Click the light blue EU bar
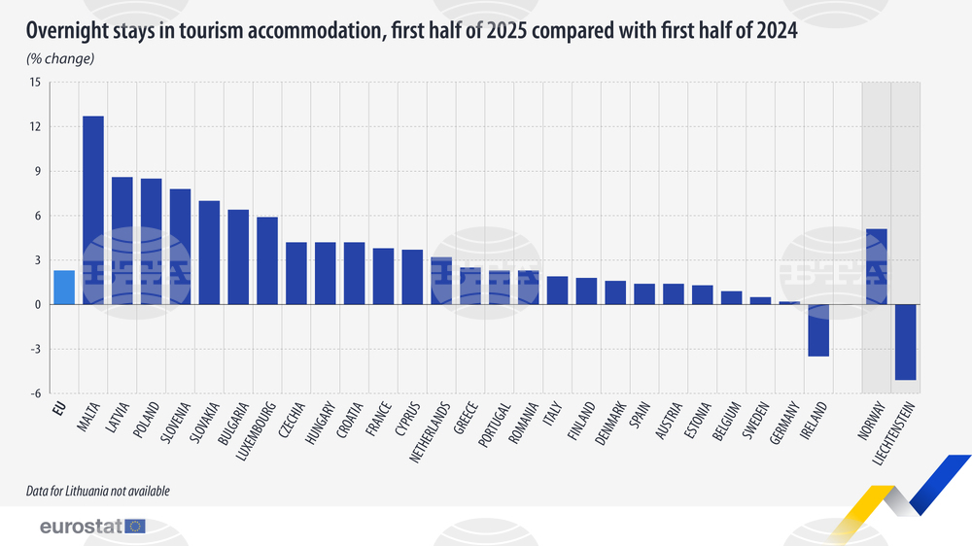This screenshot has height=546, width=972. (x=64, y=288)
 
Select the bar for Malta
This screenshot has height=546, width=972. (x=93, y=211)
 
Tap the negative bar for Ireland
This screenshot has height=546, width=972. (x=818, y=330)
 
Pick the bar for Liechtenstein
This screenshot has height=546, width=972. (x=906, y=342)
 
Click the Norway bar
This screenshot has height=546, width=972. (x=877, y=267)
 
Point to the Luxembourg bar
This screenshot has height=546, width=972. (x=267, y=260)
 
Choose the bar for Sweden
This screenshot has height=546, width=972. (x=760, y=301)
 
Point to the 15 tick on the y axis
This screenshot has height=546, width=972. (x=35, y=83)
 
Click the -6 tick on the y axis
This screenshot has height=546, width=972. (x=35, y=393)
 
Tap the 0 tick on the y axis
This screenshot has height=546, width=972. (x=37, y=305)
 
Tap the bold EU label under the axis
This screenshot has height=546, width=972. (x=60, y=408)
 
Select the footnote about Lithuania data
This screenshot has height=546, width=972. (x=98, y=492)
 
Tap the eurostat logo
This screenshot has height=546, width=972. (x=92, y=527)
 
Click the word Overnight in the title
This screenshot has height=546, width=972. (x=69, y=32)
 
